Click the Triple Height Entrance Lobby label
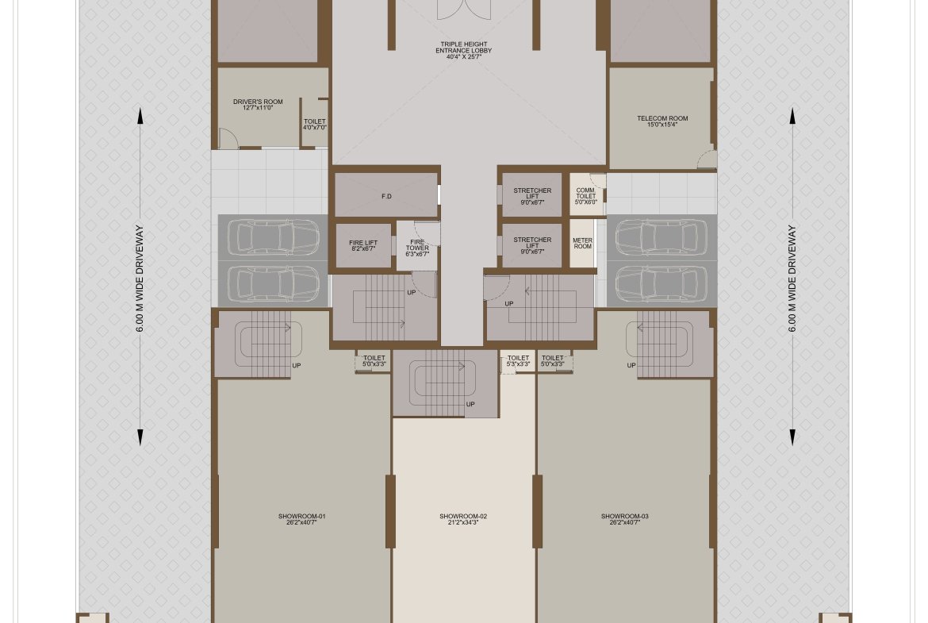(x=464, y=51)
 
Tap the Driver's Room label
(x=258, y=105)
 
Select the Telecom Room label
(x=662, y=121)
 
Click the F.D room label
(x=386, y=196)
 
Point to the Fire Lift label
(x=363, y=246)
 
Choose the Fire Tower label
(x=417, y=248)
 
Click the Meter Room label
(x=582, y=244)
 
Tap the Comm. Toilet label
(x=586, y=196)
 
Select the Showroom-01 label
(x=302, y=519)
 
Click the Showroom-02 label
(x=463, y=519)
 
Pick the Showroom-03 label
(x=624, y=519)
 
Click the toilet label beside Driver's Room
(x=314, y=125)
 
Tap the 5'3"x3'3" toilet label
(x=518, y=360)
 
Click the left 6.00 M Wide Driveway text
(x=140, y=279)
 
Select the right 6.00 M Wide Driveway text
(x=792, y=279)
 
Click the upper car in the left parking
(x=273, y=237)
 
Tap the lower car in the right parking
(x=661, y=284)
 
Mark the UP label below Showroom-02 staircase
(x=470, y=405)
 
